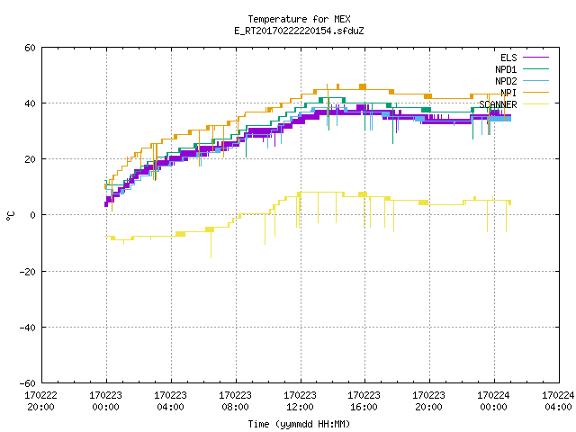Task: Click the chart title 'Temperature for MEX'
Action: [x=299, y=19]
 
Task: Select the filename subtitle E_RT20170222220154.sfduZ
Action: [x=299, y=31]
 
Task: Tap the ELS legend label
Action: [x=508, y=58]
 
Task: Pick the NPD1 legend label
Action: [x=506, y=69]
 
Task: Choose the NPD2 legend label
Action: [x=506, y=81]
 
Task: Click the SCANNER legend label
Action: [x=498, y=104]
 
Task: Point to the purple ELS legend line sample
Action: [x=535, y=58]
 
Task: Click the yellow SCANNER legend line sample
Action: [x=535, y=104]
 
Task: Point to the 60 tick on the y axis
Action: [x=30, y=48]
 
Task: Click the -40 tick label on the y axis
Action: [x=28, y=328]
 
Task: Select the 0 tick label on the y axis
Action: [x=33, y=215]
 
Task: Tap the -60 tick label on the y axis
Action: [x=28, y=383]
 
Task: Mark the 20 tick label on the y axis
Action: [x=30, y=159]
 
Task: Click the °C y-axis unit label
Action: [x=10, y=216]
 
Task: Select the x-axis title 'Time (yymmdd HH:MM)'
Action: [x=299, y=424]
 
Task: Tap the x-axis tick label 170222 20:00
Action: [x=40, y=401]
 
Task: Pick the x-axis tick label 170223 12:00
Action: [x=300, y=401]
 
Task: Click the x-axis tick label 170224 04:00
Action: [x=558, y=401]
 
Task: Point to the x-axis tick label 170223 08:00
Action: [x=235, y=401]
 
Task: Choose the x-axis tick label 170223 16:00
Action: [x=364, y=401]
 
